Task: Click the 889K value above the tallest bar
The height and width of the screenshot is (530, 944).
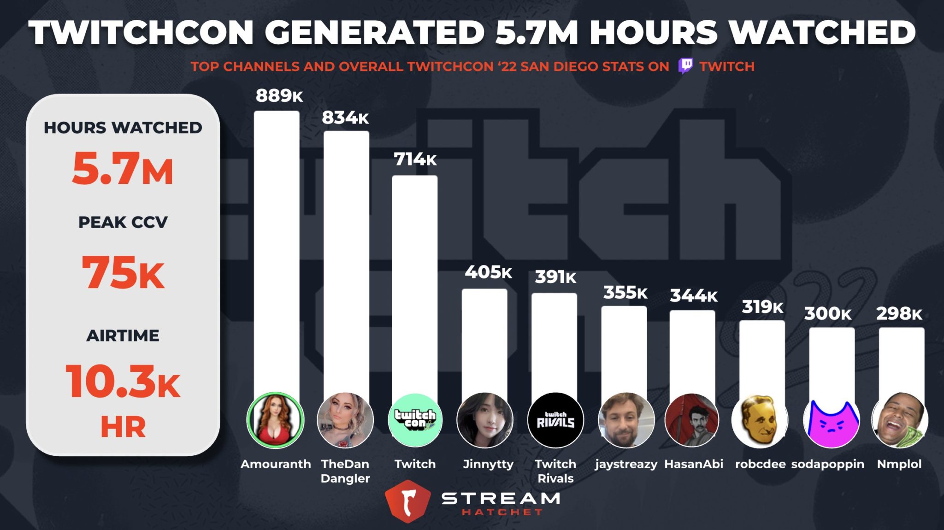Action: [x=279, y=96]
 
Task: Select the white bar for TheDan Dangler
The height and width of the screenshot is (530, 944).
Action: [x=346, y=258]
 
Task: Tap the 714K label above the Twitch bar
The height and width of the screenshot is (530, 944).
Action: [x=415, y=159]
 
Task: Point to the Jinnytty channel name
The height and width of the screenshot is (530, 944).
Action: [x=488, y=464]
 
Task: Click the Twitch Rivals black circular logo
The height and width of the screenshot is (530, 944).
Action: [x=555, y=420]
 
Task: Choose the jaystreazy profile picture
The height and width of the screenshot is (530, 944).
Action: [x=625, y=420]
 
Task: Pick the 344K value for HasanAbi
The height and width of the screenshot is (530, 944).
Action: [x=693, y=295]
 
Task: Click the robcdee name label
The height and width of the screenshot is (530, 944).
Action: [x=760, y=464]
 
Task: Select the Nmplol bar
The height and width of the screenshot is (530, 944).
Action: [x=901, y=359]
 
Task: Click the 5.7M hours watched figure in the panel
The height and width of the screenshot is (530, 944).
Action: [x=123, y=169]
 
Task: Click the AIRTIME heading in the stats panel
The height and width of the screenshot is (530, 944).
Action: [x=123, y=336]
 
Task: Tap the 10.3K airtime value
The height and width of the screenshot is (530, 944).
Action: [x=123, y=382]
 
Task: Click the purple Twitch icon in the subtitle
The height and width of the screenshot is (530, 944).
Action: [x=685, y=66]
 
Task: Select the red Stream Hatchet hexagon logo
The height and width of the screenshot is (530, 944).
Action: [x=407, y=501]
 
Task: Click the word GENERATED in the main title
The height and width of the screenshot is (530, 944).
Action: [x=374, y=33]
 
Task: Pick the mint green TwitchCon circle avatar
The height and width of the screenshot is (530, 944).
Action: [x=415, y=420]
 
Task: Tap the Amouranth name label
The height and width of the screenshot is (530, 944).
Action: [x=276, y=464]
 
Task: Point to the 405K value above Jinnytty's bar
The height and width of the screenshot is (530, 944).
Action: [x=488, y=272]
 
